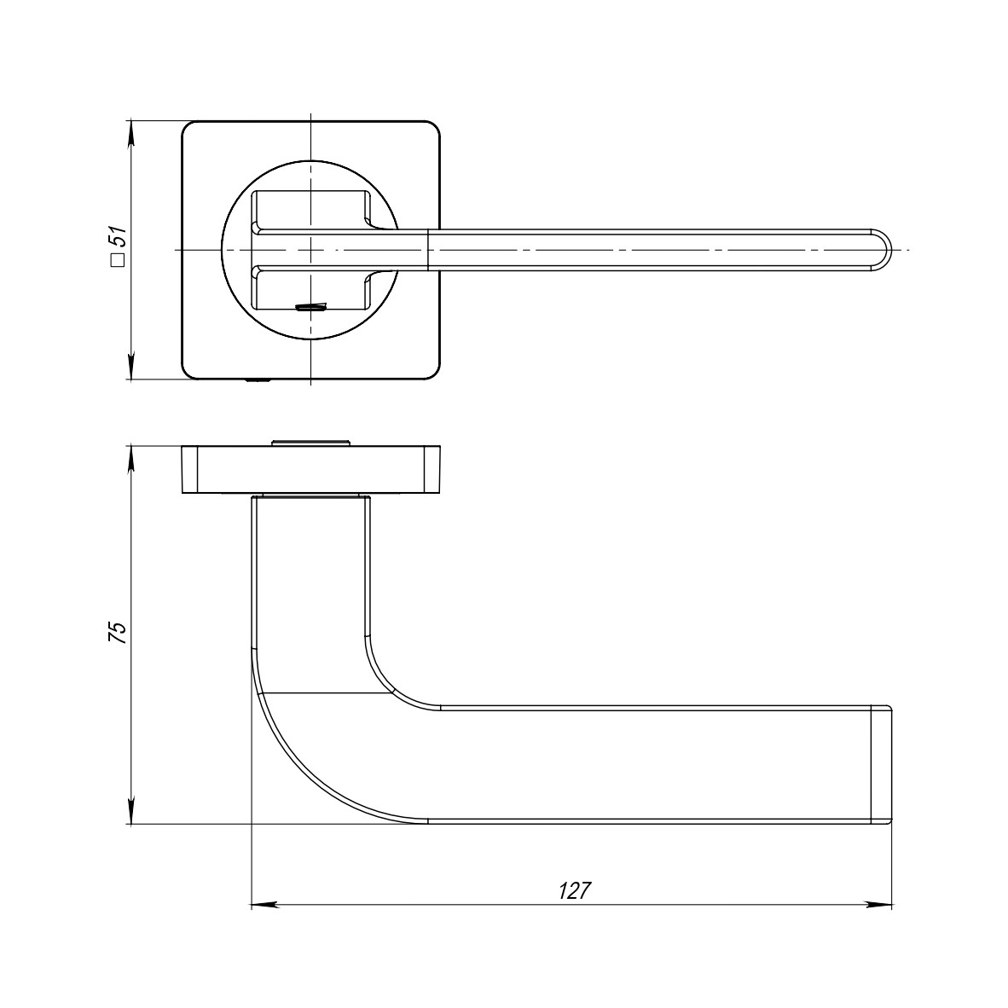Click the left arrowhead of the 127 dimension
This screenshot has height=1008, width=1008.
coord(264,904)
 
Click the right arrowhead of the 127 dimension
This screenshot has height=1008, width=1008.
coord(880,904)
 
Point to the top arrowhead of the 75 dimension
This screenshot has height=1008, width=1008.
coord(130,456)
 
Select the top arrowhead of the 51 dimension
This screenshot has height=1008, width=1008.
coord(130,133)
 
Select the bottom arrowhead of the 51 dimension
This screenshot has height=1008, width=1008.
coord(130,368)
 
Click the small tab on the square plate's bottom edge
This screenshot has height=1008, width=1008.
coord(259,380)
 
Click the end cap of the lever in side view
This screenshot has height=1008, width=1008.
coord(881,765)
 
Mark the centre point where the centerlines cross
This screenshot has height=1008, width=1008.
coord(311,250)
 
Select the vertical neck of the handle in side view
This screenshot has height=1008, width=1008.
coord(311,580)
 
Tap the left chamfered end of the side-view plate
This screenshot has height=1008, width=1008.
coord(189,469)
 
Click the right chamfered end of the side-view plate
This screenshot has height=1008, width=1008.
coord(433,469)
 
